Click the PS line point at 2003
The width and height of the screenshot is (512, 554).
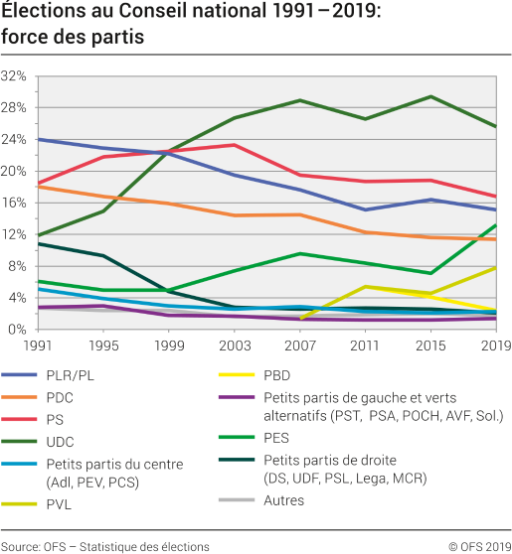(x=235, y=145)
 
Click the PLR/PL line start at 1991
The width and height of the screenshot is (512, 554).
(x=38, y=139)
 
